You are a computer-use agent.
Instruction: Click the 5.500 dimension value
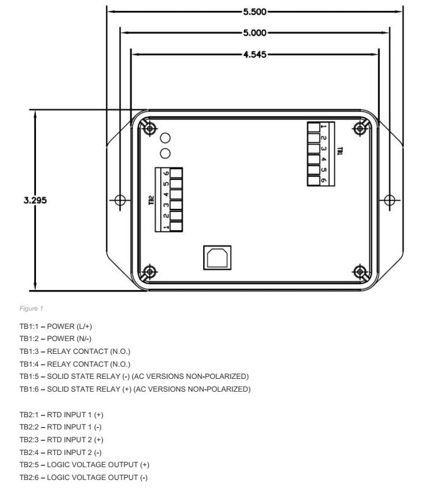(x=255, y=11)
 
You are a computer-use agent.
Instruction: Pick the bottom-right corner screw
(x=361, y=271)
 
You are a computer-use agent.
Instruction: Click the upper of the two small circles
(x=164, y=138)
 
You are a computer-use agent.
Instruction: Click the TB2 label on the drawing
(x=151, y=199)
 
